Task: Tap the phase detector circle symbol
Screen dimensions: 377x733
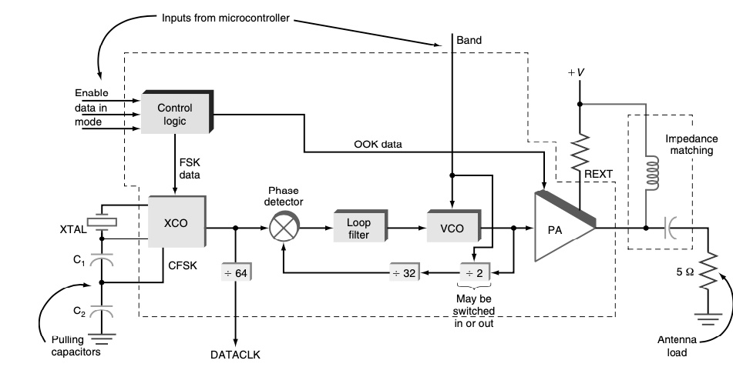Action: (284, 228)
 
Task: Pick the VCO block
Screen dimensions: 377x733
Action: (452, 228)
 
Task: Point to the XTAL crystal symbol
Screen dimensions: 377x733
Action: (102, 223)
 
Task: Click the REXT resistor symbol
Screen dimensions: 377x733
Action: (579, 153)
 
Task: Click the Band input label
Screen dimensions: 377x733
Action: (470, 39)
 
